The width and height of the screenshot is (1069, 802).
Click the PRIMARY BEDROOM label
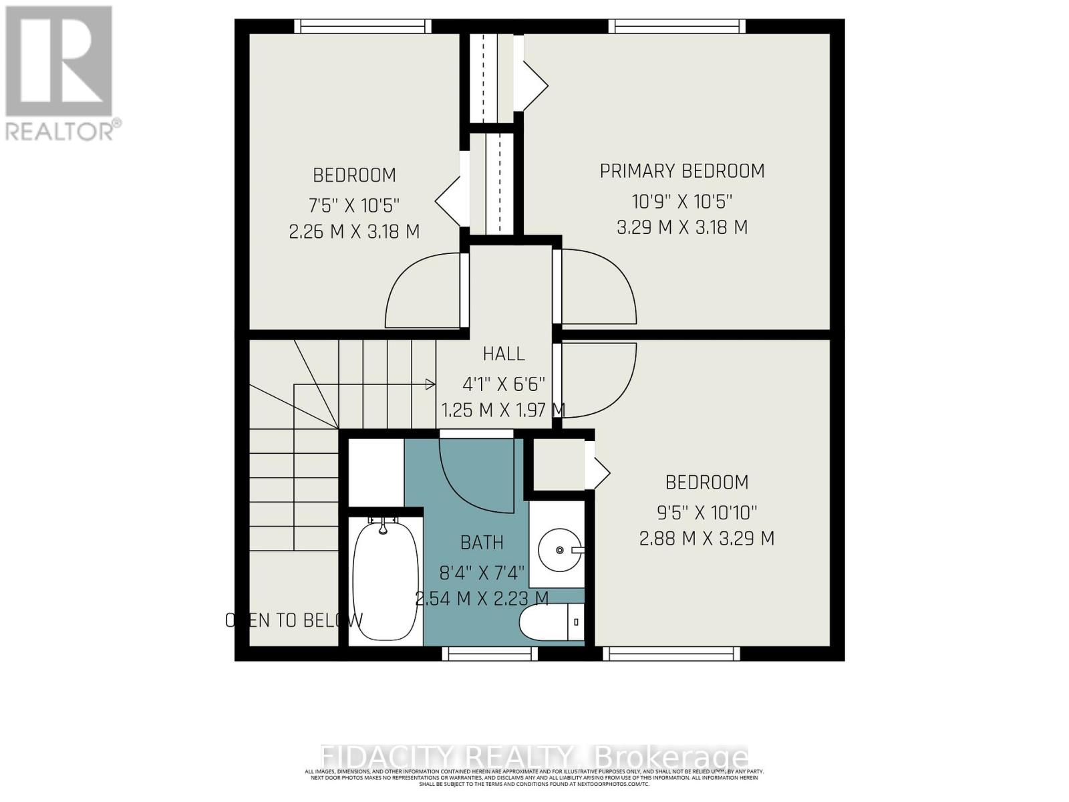pyautogui.click(x=681, y=171)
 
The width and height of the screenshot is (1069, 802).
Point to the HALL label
pyautogui.click(x=504, y=354)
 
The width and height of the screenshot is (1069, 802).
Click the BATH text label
pyautogui.click(x=482, y=543)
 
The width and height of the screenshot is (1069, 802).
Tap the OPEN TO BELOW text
pyautogui.click(x=294, y=620)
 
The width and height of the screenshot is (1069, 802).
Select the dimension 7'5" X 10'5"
pyautogui.click(x=355, y=205)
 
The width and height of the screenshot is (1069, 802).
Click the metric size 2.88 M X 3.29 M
pyautogui.click(x=707, y=539)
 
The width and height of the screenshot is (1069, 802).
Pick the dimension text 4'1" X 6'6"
pyautogui.click(x=504, y=384)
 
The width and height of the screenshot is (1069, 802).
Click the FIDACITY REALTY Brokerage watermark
pyautogui.click(x=534, y=757)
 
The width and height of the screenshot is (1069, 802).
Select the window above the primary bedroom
pyautogui.click(x=677, y=26)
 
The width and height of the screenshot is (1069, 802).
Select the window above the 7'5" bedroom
pyautogui.click(x=363, y=26)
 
